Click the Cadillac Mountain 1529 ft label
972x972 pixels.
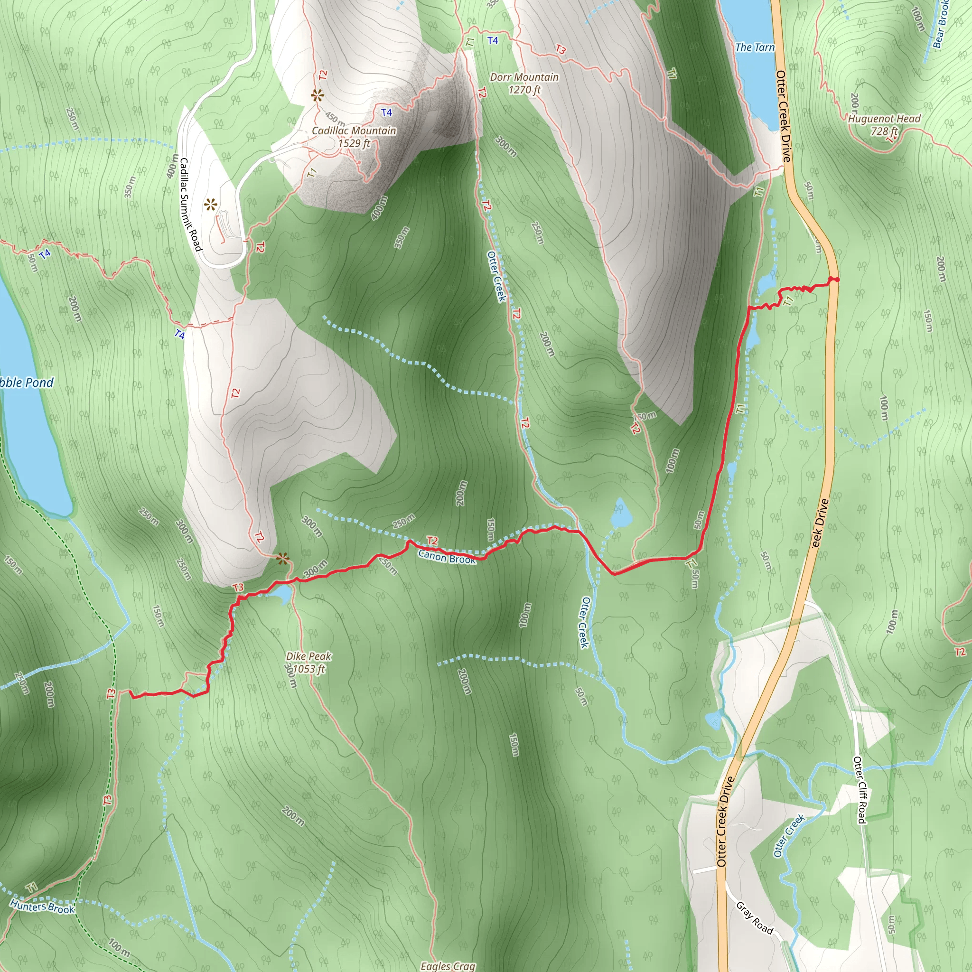(x=354, y=137)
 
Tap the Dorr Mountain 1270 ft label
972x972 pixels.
(x=524, y=84)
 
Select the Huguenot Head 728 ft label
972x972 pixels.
(x=884, y=125)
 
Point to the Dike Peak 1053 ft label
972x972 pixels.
(x=308, y=662)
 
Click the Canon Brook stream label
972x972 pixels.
(x=447, y=557)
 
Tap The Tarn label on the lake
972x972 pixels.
(x=755, y=47)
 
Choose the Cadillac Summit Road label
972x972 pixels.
(x=190, y=204)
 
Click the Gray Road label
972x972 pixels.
(x=754, y=917)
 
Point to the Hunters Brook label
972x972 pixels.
(x=42, y=907)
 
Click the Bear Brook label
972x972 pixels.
(x=941, y=25)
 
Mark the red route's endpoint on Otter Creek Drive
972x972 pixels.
(x=833, y=279)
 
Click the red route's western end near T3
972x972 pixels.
(x=131, y=693)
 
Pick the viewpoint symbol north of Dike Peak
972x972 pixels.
(x=283, y=559)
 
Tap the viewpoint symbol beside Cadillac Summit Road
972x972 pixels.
(x=210, y=204)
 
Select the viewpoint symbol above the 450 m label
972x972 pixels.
(x=317, y=95)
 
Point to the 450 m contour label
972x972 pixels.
(x=335, y=119)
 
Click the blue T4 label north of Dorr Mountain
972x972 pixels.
(x=493, y=40)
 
